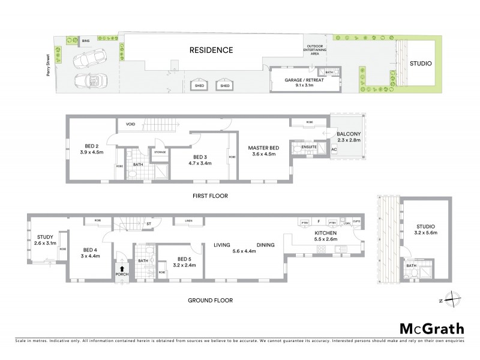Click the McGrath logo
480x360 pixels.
pyautogui.click(x=431, y=328)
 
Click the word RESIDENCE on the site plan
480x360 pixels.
pyautogui.click(x=211, y=50)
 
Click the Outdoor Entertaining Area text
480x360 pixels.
pyautogui.click(x=316, y=50)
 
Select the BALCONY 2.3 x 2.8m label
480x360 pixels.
pyautogui.click(x=348, y=136)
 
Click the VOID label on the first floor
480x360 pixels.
pyautogui.click(x=130, y=125)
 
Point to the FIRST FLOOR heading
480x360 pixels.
pyautogui.click(x=210, y=196)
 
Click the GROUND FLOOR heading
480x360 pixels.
pyautogui.click(x=211, y=301)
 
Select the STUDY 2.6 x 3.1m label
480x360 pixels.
pyautogui.click(x=46, y=240)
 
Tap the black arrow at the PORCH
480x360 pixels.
pyautogui.click(x=122, y=269)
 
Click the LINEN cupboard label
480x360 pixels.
pyautogui.click(x=188, y=221)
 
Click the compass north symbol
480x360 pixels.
pyautogui.click(x=454, y=301)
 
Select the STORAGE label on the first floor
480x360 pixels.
pyautogui.click(x=160, y=152)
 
